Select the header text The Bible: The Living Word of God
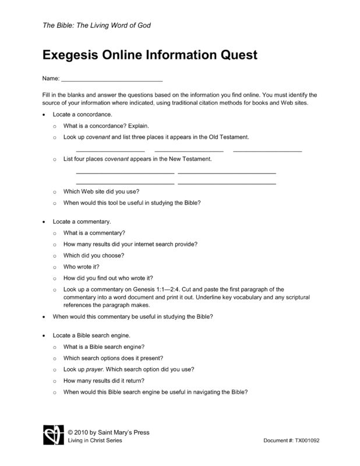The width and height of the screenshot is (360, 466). pyautogui.click(x=97, y=26)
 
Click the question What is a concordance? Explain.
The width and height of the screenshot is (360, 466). pyautogui.click(x=106, y=125)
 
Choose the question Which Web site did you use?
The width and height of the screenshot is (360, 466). pyautogui.click(x=101, y=192)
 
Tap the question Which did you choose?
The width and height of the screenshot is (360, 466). pyautogui.click(x=94, y=255)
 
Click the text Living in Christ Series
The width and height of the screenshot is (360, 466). pyautogui.click(x=96, y=440)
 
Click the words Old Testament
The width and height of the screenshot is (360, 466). pyautogui.click(x=228, y=137)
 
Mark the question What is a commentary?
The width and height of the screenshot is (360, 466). pyautogui.click(x=94, y=233)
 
